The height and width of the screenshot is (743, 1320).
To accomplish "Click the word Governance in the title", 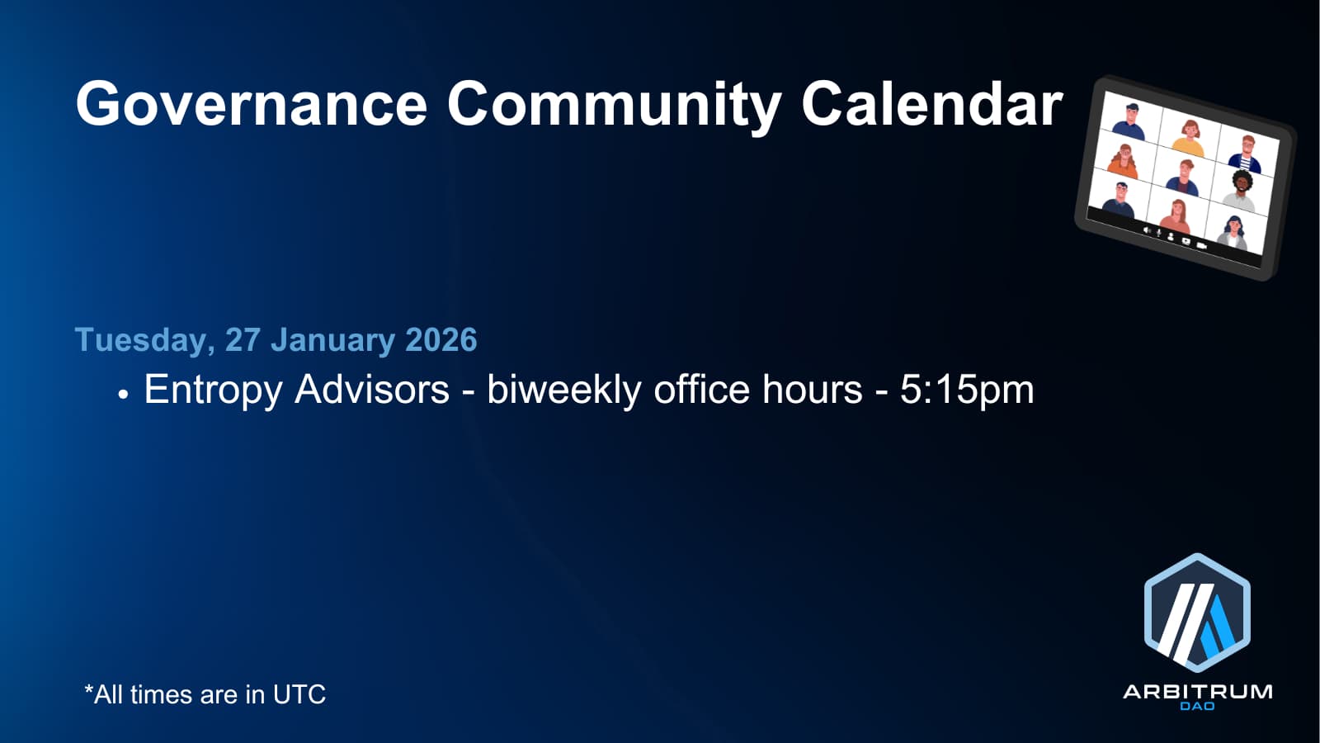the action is pyautogui.click(x=251, y=104).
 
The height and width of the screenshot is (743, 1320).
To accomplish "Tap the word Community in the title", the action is pyautogui.click(x=614, y=106).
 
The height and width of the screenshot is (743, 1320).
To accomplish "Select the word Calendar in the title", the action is pyautogui.click(x=931, y=103).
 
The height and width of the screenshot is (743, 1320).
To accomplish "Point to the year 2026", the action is pyautogui.click(x=441, y=339).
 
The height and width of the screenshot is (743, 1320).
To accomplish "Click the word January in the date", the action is pyautogui.click(x=333, y=340).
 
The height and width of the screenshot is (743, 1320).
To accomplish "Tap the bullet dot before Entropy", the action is pyautogui.click(x=123, y=394).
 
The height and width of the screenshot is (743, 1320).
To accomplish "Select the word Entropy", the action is pyautogui.click(x=213, y=391).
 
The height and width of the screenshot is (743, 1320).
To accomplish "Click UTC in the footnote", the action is pyautogui.click(x=299, y=694).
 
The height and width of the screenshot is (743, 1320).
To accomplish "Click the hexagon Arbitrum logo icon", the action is pyautogui.click(x=1197, y=613).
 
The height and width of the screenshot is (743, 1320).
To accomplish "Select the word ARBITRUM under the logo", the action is pyautogui.click(x=1197, y=692).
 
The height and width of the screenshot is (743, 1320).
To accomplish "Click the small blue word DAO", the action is pyautogui.click(x=1197, y=706).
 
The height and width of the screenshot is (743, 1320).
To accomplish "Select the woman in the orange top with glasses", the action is pyautogui.click(x=1123, y=160).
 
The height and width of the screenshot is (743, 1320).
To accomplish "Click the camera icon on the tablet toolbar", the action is pyautogui.click(x=1201, y=244).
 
